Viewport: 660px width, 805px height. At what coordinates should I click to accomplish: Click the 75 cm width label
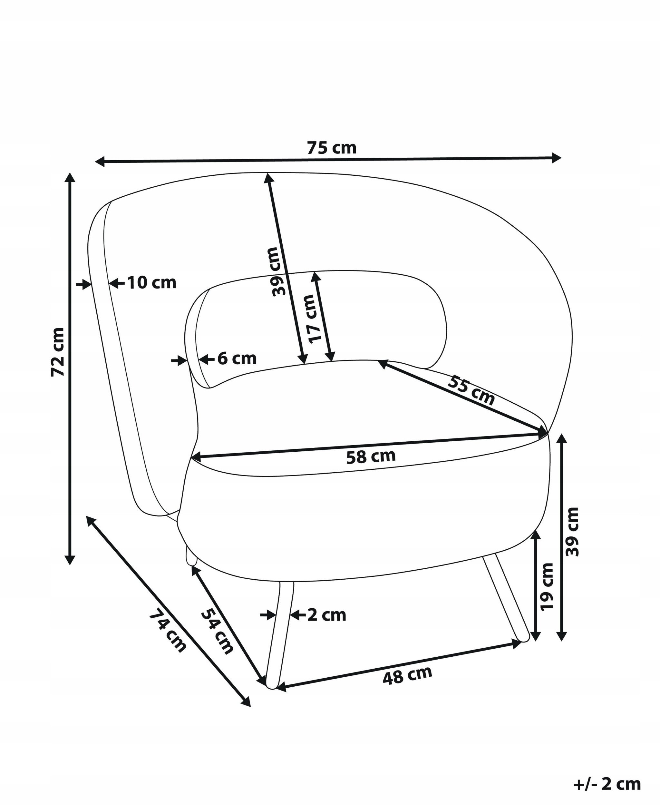click(332, 148)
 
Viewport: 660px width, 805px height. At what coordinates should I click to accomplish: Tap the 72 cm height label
click(58, 352)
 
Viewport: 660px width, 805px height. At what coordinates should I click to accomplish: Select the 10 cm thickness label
click(152, 283)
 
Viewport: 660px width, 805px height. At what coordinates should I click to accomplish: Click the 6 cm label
click(237, 358)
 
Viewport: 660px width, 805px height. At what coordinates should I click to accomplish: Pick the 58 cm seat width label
click(371, 456)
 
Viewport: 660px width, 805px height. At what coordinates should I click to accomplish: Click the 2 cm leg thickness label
click(326, 615)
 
